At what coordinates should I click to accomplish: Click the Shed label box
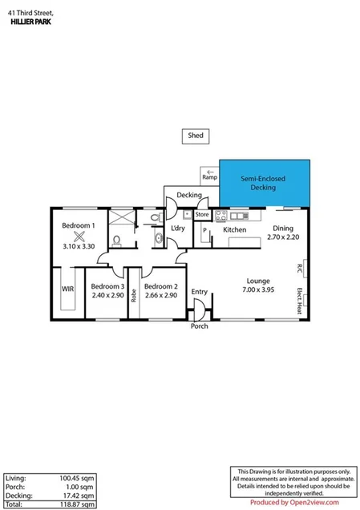196,136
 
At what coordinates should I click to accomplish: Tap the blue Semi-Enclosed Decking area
264,184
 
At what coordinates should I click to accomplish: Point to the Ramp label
208,177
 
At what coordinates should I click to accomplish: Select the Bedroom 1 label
79,225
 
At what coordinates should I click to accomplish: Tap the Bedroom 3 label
107,286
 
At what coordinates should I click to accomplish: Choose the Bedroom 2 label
160,286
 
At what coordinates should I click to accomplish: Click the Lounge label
257,281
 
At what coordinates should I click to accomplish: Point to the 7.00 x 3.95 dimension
257,289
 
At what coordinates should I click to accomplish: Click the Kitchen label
235,230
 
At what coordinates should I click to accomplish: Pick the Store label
202,215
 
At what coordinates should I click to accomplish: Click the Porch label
199,326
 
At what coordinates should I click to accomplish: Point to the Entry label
199,292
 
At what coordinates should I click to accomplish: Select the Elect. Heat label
299,299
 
